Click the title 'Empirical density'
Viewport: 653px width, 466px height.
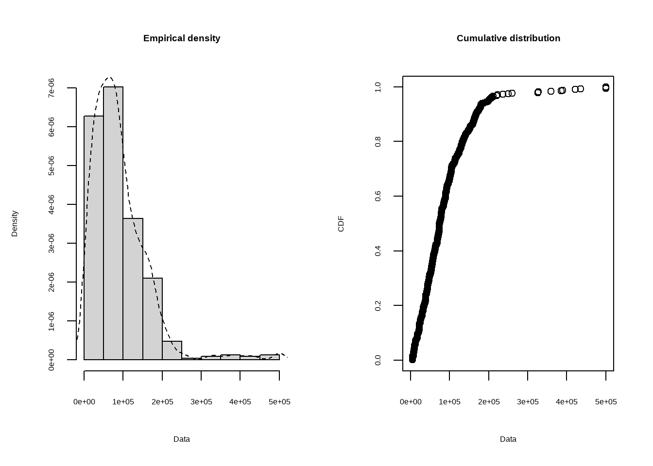click(182, 38)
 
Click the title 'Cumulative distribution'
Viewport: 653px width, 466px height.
click(508, 38)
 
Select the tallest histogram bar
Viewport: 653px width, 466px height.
click(113, 223)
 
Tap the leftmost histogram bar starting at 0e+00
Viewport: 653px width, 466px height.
click(94, 238)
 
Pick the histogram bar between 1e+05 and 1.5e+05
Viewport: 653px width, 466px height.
click(133, 289)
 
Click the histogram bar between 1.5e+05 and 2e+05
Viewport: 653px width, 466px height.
click(153, 318)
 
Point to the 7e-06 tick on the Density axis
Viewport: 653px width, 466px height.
click(52, 88)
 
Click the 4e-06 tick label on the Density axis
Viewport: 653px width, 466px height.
click(52, 204)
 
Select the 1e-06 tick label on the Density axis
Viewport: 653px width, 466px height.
click(52, 321)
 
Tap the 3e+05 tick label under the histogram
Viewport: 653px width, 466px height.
click(201, 402)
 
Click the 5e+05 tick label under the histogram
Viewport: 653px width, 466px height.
click(279, 402)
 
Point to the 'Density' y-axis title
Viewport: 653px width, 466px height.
click(15, 223)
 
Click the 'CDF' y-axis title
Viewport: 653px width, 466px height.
click(341, 223)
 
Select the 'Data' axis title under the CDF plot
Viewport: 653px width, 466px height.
click(508, 439)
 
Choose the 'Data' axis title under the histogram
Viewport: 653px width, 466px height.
click(182, 439)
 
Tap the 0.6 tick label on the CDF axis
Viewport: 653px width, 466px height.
click(378, 196)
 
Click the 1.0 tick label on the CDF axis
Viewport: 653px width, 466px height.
click(378, 87)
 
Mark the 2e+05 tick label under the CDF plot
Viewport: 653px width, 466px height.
click(489, 402)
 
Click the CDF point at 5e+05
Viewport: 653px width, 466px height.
click(606, 87)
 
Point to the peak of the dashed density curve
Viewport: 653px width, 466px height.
click(109, 78)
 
